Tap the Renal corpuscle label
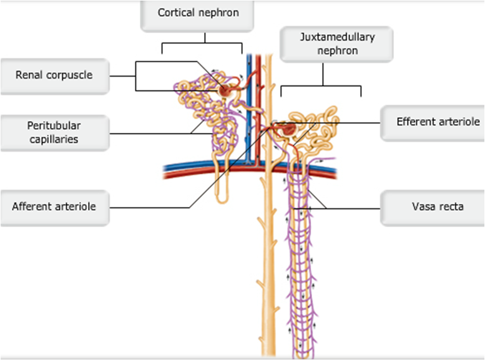pyautogui.click(x=54, y=75)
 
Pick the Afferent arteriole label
pyautogui.click(x=54, y=206)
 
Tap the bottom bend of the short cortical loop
pyautogui.click(x=223, y=200)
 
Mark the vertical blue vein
pyautogui.click(x=247, y=112)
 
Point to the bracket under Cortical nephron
pyautogui.click(x=202, y=44)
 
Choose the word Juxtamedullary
pyautogui.click(x=337, y=37)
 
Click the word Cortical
pyautogui.click(x=177, y=12)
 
